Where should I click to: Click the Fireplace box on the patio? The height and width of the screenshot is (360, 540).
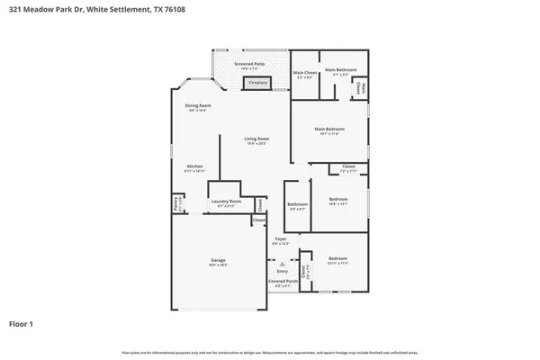click(x=258, y=82)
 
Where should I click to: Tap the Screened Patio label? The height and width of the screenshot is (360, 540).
click(x=249, y=64)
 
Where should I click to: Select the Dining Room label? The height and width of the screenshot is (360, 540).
click(x=198, y=105)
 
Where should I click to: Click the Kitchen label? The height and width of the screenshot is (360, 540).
click(x=194, y=166)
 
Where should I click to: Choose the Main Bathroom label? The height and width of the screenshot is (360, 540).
click(x=342, y=69)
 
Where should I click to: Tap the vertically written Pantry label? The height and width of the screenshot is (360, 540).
click(x=176, y=205)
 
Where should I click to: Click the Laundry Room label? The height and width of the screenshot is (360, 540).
click(x=226, y=201)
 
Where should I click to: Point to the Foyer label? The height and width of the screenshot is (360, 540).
click(x=281, y=238)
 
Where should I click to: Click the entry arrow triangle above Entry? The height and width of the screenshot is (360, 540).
click(x=281, y=262)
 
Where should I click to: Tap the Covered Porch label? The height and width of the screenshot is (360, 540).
click(x=281, y=282)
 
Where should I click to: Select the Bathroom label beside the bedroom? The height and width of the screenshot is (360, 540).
click(x=297, y=203)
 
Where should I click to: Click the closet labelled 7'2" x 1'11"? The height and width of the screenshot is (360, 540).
click(x=348, y=167)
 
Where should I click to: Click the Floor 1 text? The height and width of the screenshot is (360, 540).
click(x=22, y=322)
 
